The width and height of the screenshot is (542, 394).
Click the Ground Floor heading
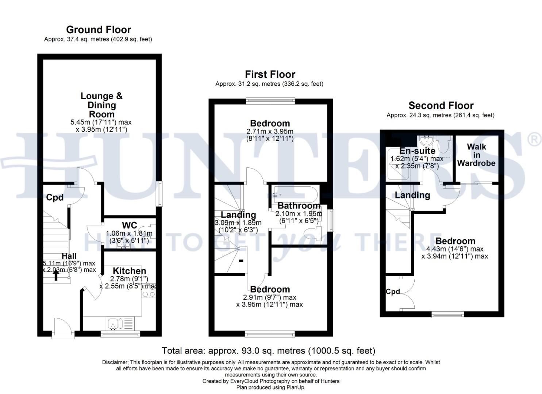click(x=99, y=30)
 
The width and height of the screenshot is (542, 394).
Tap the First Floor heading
click(x=270, y=74)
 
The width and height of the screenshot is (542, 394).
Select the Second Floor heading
click(x=441, y=105)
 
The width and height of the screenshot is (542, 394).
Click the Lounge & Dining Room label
click(x=101, y=105)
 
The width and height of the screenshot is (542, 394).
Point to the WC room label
click(x=130, y=225)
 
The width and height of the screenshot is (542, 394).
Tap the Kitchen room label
click(x=130, y=271)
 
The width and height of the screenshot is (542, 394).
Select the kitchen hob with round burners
click(x=149, y=294)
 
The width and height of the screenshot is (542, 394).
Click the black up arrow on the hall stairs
click(x=56, y=275)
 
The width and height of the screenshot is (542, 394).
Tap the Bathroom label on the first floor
click(x=299, y=206)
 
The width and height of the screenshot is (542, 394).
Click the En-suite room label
click(x=418, y=151)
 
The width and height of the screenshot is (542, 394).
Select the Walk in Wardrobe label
click(x=476, y=155)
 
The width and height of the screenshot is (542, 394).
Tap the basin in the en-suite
click(x=425, y=140)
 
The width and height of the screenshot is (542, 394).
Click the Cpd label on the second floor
click(x=393, y=291)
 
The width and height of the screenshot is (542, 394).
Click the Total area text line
click(x=268, y=351)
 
